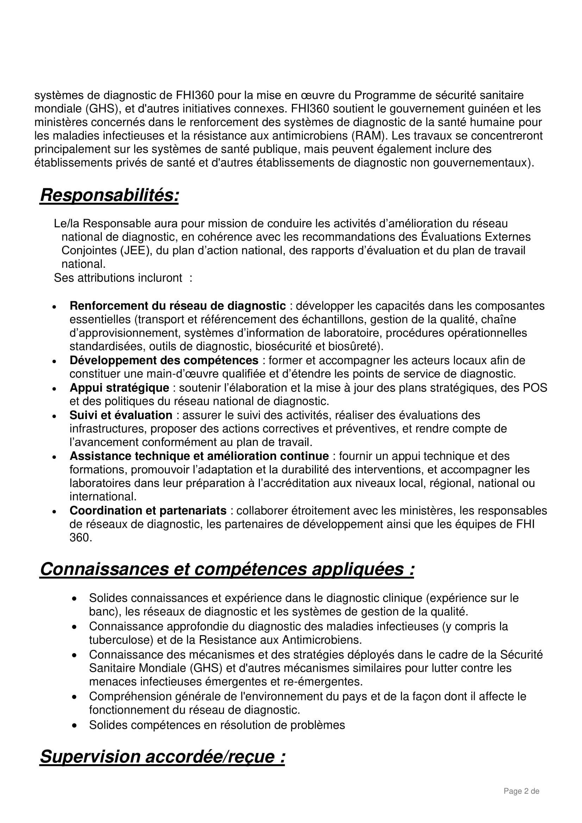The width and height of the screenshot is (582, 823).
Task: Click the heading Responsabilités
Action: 109,196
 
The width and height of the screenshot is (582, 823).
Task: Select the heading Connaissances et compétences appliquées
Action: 227,569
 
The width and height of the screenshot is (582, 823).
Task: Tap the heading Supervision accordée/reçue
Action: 162,756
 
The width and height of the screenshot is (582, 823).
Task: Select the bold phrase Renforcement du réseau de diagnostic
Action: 177,306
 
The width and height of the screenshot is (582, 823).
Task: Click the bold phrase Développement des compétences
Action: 164,360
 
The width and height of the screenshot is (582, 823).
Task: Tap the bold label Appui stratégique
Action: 119,387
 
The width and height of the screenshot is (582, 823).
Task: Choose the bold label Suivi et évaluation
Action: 121,415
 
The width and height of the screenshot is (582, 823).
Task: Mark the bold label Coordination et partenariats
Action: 148,511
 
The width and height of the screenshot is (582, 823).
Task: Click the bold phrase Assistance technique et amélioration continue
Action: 199,456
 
